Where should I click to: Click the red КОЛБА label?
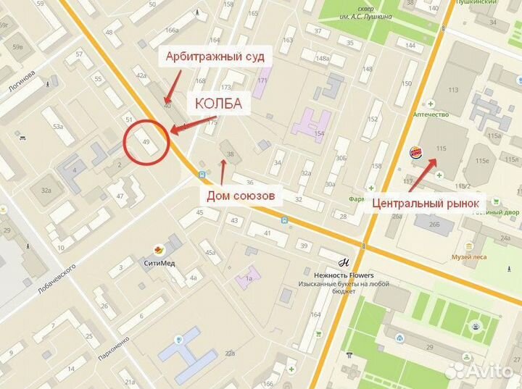point(217,104)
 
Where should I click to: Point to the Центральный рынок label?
point(426,204)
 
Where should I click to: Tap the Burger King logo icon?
point(416,151)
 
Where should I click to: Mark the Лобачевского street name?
point(57,279)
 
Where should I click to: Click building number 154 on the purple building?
point(320,134)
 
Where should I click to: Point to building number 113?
point(454,90)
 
